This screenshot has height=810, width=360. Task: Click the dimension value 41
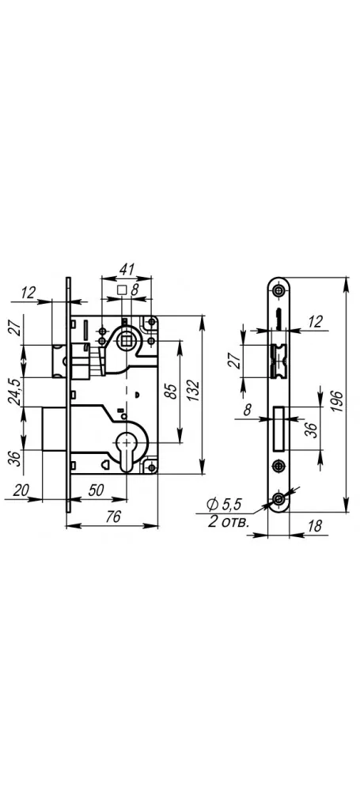[127, 269]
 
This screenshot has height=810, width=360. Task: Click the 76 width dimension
[112, 516]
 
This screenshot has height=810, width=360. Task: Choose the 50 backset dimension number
[97, 490]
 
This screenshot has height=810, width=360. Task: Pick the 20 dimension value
[21, 490]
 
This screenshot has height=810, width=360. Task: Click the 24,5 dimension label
[17, 392]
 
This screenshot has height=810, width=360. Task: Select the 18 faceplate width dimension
[314, 526]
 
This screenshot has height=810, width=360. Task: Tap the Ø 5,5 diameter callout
[224, 503]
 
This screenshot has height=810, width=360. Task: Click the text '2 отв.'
[229, 521]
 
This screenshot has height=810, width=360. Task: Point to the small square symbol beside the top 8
[123, 290]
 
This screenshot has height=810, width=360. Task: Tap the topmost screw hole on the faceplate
[279, 290]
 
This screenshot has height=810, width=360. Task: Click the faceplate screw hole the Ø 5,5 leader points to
[279, 498]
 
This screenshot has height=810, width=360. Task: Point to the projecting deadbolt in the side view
[55, 428]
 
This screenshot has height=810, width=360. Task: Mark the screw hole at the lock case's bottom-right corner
[151, 467]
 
